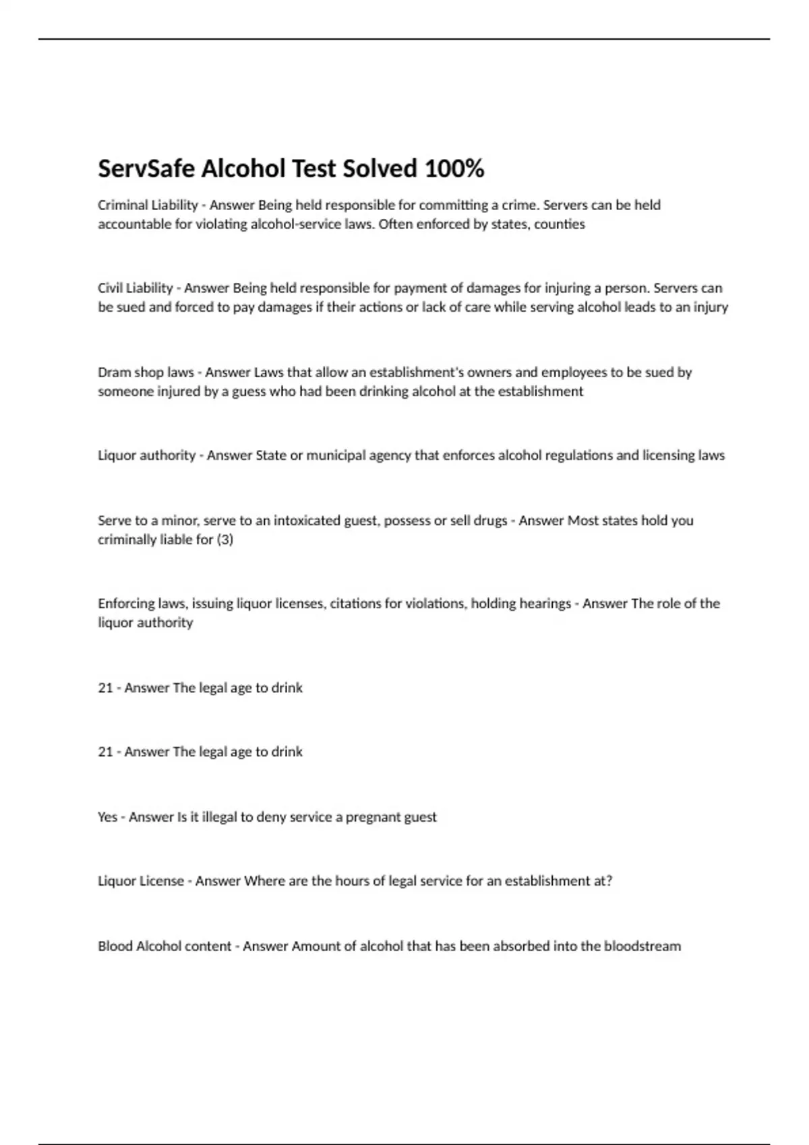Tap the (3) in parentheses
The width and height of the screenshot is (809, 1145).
click(x=224, y=539)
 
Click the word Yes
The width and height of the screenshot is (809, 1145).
click(x=107, y=817)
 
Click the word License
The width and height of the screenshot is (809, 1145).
click(x=161, y=881)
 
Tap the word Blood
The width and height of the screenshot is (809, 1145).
click(x=115, y=946)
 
